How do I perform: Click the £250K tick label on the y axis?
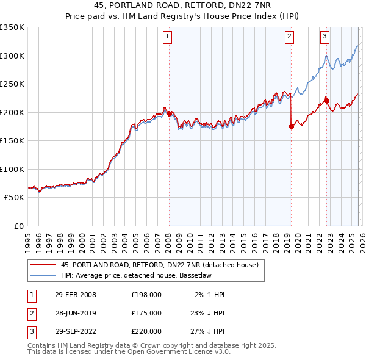coord(12,84)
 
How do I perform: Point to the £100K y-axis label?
coord(12,169)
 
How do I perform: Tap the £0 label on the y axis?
coord(18,226)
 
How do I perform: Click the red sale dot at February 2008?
coord(169,113)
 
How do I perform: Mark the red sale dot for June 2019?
coord(291,126)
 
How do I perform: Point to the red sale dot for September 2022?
coord(326,101)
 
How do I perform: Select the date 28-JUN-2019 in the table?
coord(76,313)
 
